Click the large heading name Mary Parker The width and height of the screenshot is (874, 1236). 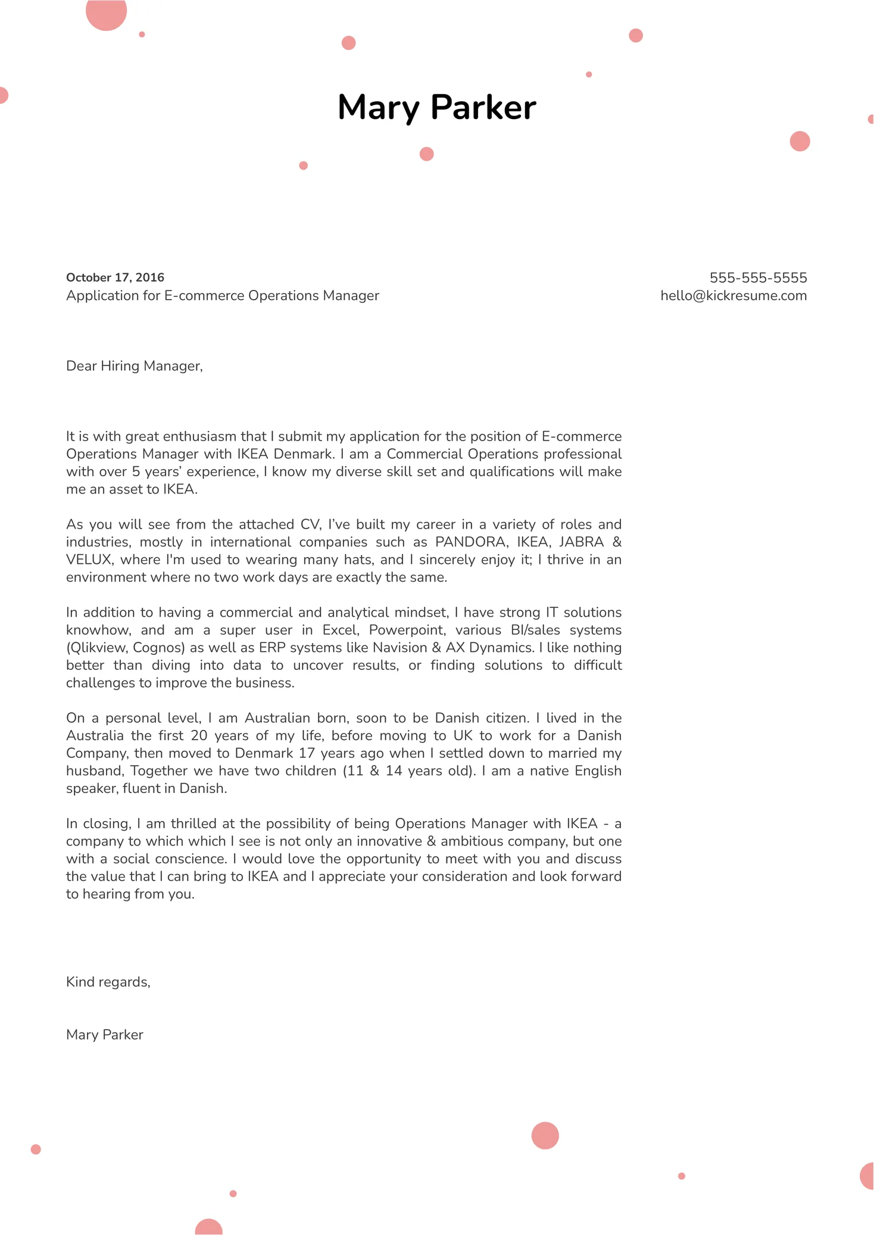(436, 108)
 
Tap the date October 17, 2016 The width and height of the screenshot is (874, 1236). (115, 277)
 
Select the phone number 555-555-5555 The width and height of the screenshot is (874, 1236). (758, 277)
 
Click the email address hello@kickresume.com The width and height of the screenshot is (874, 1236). (733, 296)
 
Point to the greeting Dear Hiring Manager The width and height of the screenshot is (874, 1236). (134, 366)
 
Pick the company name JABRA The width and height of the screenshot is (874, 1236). (581, 542)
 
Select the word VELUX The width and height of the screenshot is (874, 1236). (89, 560)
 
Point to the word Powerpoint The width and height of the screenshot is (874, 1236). (407, 630)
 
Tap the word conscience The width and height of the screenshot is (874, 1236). (190, 859)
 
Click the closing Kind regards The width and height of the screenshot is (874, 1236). (108, 982)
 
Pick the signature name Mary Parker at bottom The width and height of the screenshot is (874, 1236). (105, 1035)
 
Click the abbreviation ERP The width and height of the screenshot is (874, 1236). (272, 648)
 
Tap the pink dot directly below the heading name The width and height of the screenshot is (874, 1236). (426, 154)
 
